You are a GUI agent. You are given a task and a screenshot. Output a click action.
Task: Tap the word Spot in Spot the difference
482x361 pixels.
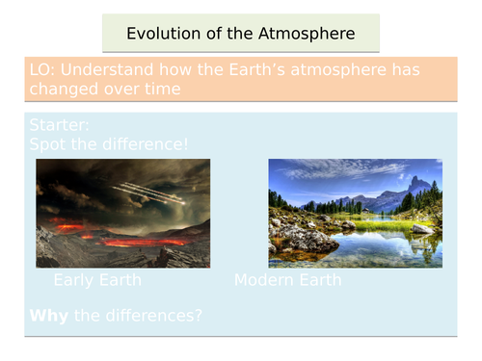(49, 144)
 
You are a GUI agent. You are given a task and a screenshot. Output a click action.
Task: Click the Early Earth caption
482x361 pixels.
(97, 280)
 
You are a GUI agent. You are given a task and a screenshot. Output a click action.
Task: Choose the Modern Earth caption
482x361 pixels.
(287, 280)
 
